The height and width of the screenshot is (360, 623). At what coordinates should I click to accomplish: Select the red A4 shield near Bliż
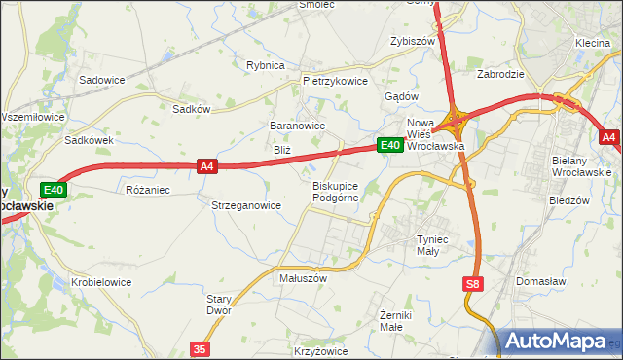206,166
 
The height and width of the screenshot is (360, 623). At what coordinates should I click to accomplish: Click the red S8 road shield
472,284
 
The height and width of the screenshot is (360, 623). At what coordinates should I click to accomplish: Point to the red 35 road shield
201,348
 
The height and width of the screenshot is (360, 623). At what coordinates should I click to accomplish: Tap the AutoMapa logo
559,342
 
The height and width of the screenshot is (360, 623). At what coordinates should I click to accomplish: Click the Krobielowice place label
101,282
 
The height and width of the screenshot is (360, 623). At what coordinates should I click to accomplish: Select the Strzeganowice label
246,205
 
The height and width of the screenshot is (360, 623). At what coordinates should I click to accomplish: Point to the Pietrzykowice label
335,82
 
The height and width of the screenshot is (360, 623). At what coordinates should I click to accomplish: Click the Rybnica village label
266,65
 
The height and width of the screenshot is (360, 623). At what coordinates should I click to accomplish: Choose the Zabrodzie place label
500,74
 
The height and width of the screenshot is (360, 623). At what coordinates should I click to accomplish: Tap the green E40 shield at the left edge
54,190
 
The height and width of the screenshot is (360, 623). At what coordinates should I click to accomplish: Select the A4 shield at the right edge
608,138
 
